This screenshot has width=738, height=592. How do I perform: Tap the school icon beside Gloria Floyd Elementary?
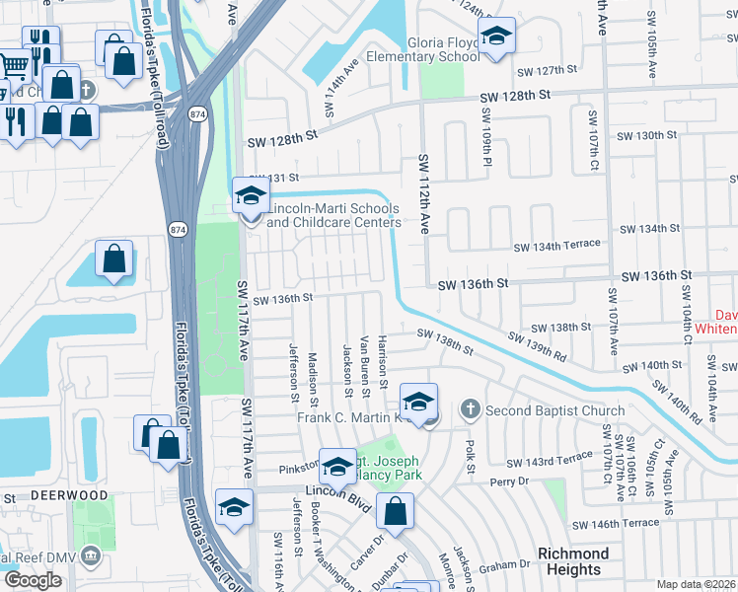click(497, 37)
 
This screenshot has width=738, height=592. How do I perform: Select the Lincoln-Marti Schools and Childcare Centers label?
click(332, 215)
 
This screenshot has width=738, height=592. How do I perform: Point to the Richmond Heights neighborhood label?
click(572, 561)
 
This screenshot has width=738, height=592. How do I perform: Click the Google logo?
click(33, 579)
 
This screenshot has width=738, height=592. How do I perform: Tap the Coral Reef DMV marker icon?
click(91, 555)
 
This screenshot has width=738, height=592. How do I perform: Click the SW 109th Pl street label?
click(486, 139)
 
